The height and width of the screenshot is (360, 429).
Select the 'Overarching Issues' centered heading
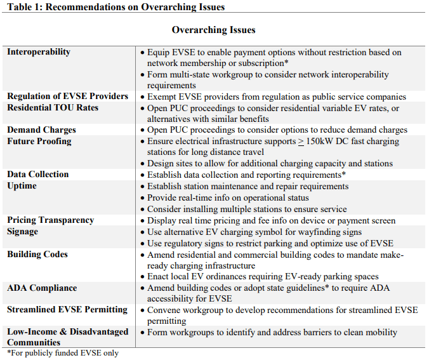214,30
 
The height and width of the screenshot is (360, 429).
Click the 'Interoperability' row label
39,52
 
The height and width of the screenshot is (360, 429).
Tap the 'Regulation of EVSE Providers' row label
67,97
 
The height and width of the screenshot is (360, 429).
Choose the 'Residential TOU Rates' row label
53,108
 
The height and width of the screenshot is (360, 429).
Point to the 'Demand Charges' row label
42,130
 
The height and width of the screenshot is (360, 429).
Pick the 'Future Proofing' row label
39,142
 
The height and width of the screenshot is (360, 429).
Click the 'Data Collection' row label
38,175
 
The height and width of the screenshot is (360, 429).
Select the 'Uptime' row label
22,186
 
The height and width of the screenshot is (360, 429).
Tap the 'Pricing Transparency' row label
51,220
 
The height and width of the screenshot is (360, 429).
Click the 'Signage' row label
23,232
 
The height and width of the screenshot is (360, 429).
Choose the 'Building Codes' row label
37,255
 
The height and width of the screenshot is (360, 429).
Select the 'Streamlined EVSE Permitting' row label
67,310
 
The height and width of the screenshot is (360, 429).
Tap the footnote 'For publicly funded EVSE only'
63,352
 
